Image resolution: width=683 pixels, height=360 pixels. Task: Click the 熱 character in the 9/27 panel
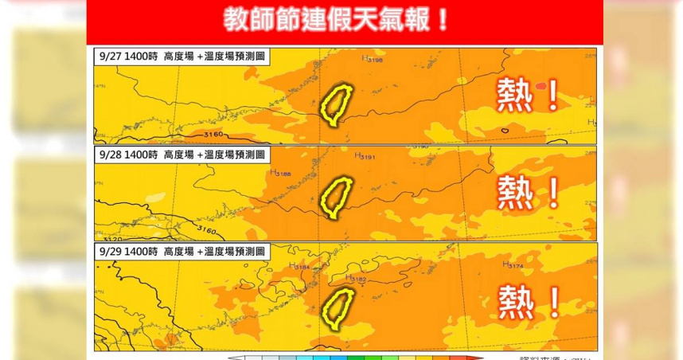[515, 96]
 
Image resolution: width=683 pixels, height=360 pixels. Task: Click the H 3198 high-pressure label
[372, 59]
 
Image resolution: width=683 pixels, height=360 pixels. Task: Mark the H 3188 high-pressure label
[280, 172]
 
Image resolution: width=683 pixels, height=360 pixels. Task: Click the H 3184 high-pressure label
[299, 267]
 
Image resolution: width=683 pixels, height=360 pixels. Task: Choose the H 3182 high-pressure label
[356, 278]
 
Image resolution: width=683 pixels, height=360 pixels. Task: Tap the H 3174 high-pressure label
[513, 264]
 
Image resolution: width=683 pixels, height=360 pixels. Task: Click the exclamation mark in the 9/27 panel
[552, 96]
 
